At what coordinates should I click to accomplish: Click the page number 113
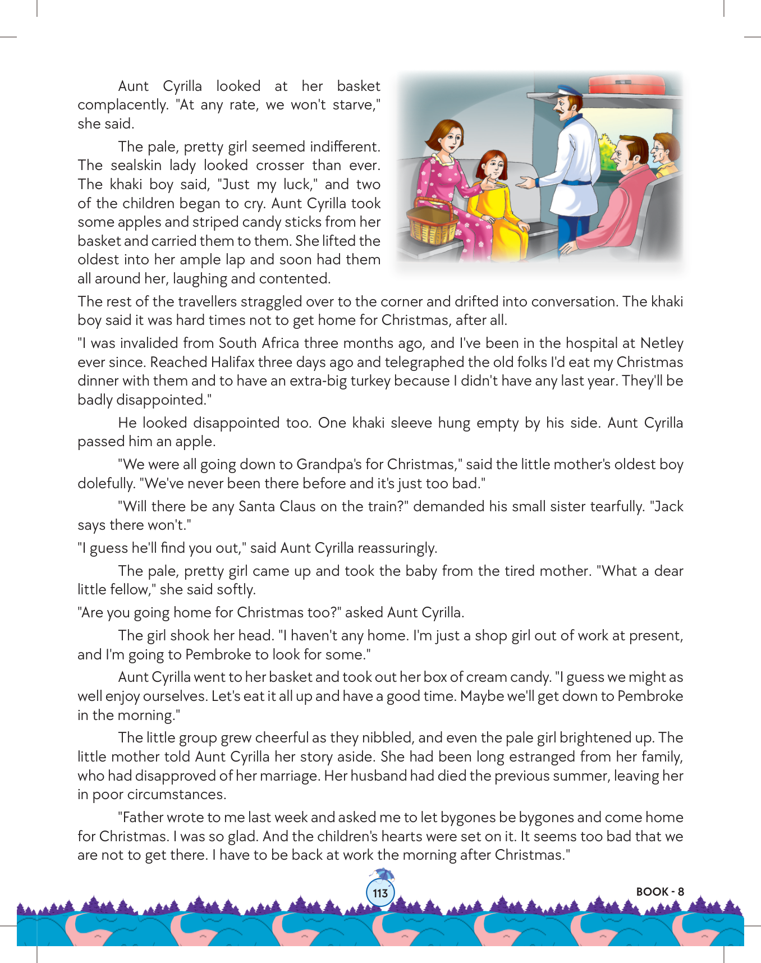point(380,893)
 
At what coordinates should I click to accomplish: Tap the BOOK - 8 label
point(660,892)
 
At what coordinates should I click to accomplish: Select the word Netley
point(662,343)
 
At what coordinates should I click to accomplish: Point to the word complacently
point(123,105)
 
